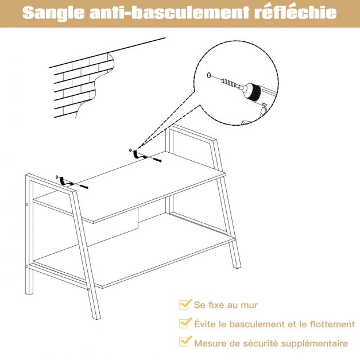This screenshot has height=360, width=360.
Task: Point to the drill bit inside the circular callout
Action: click(231, 83)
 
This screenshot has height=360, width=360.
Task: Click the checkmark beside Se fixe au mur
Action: click(185, 305)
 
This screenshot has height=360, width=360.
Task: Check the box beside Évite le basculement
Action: click(185, 324)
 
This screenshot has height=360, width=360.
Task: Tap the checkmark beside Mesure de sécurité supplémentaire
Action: click(185, 343)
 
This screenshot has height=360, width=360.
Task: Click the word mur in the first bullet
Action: click(248, 305)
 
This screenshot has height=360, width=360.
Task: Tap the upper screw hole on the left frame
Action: click(26, 204)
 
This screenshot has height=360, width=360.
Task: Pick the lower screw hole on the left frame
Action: click(26, 266)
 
